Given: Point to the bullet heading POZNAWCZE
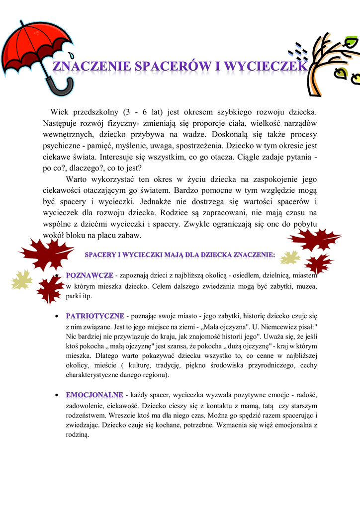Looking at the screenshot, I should click(90, 275).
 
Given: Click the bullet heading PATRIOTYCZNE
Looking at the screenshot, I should click(95, 316).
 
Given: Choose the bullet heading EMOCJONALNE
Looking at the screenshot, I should click(94, 395).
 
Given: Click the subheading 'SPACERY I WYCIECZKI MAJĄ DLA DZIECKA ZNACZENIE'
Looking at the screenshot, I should click(180, 255).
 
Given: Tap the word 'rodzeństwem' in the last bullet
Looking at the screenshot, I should click(85, 415).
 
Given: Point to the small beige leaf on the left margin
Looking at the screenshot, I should click(21, 280).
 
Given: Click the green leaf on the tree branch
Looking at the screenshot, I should click(341, 73).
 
